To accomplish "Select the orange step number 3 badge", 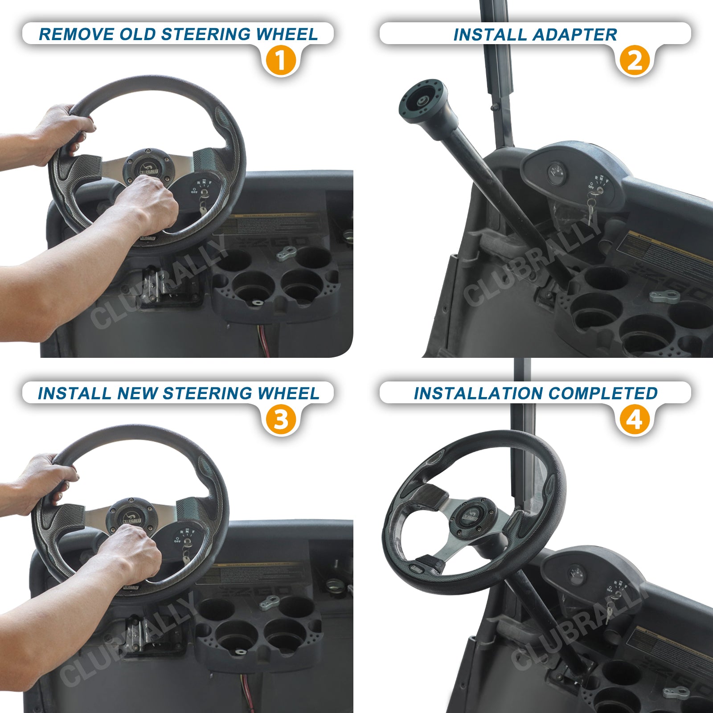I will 281,419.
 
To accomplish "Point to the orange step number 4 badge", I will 635,419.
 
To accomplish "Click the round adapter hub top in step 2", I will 421,100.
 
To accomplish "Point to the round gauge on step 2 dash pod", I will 556,171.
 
